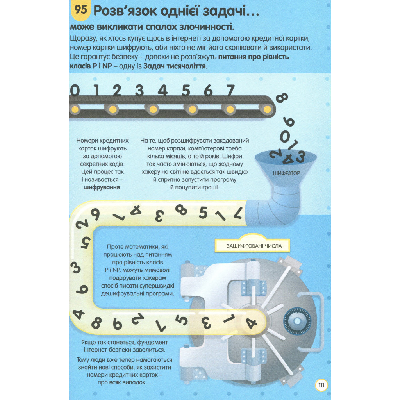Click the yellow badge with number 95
click(80, 10)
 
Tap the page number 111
click(321, 385)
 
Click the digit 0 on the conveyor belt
click(75, 91)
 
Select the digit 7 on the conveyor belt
click(230, 90)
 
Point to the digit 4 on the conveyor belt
click(162, 90)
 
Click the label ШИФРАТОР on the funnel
click(286, 173)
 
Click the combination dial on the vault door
click(297, 321)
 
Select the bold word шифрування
click(102, 187)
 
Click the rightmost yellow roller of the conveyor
click(267, 109)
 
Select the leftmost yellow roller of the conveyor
click(75, 109)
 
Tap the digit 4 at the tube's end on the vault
click(251, 323)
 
